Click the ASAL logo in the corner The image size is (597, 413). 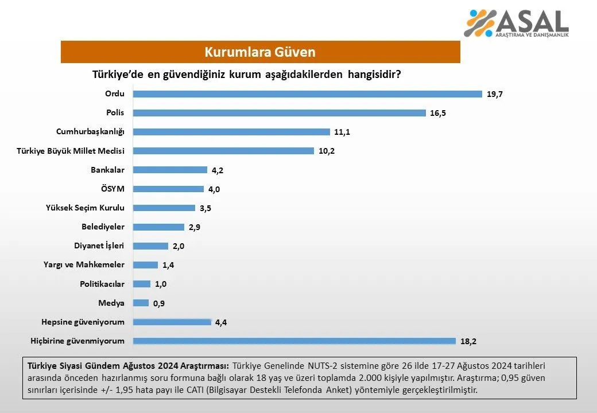point(516,23)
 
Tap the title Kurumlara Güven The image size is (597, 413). point(260,52)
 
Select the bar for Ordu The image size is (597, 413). point(308,94)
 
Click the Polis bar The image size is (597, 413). point(280,113)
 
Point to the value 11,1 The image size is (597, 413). point(342,132)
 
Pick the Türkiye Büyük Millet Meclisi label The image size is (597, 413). point(71,151)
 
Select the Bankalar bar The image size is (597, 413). point(170,170)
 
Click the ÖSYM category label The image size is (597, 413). point(113,189)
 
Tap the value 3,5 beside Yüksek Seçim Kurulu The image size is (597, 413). point(206,208)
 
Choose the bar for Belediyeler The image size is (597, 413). point(159,227)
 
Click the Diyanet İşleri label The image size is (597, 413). point(99,246)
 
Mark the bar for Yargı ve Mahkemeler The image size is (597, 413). point(145,265)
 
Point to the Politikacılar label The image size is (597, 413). point(102,284)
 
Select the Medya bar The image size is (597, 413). point(141,303)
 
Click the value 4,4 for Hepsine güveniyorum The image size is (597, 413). point(221,322)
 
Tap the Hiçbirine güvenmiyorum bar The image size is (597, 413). point(294,341)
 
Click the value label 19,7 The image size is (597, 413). point(495,94)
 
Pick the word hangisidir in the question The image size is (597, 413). point(374,75)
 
